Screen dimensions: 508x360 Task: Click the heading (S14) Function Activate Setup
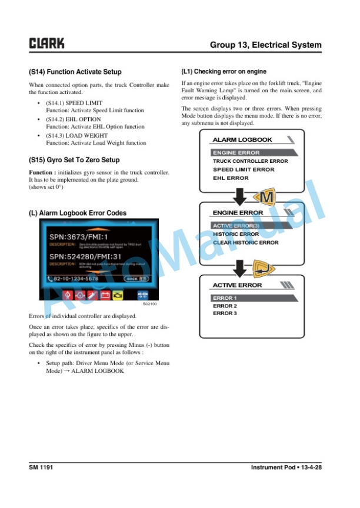(75, 72)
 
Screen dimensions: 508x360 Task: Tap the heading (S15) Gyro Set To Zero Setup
(74, 160)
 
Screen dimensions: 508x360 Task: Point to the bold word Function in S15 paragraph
(41, 172)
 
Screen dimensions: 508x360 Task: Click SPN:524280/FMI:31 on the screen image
(86, 256)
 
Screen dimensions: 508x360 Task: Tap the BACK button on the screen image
(134, 279)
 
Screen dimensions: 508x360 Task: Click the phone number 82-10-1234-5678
(76, 279)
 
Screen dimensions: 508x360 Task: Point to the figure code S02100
(149, 305)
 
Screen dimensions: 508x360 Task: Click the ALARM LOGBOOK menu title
(242, 140)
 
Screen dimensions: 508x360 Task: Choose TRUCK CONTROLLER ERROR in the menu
(250, 161)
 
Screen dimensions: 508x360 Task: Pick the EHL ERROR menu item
(231, 178)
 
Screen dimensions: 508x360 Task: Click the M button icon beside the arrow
(266, 198)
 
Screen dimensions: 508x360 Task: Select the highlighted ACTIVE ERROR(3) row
(235, 226)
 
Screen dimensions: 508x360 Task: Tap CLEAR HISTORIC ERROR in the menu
(245, 242)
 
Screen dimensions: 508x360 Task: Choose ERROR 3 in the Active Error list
(225, 313)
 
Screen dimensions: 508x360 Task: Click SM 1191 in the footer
(41, 467)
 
